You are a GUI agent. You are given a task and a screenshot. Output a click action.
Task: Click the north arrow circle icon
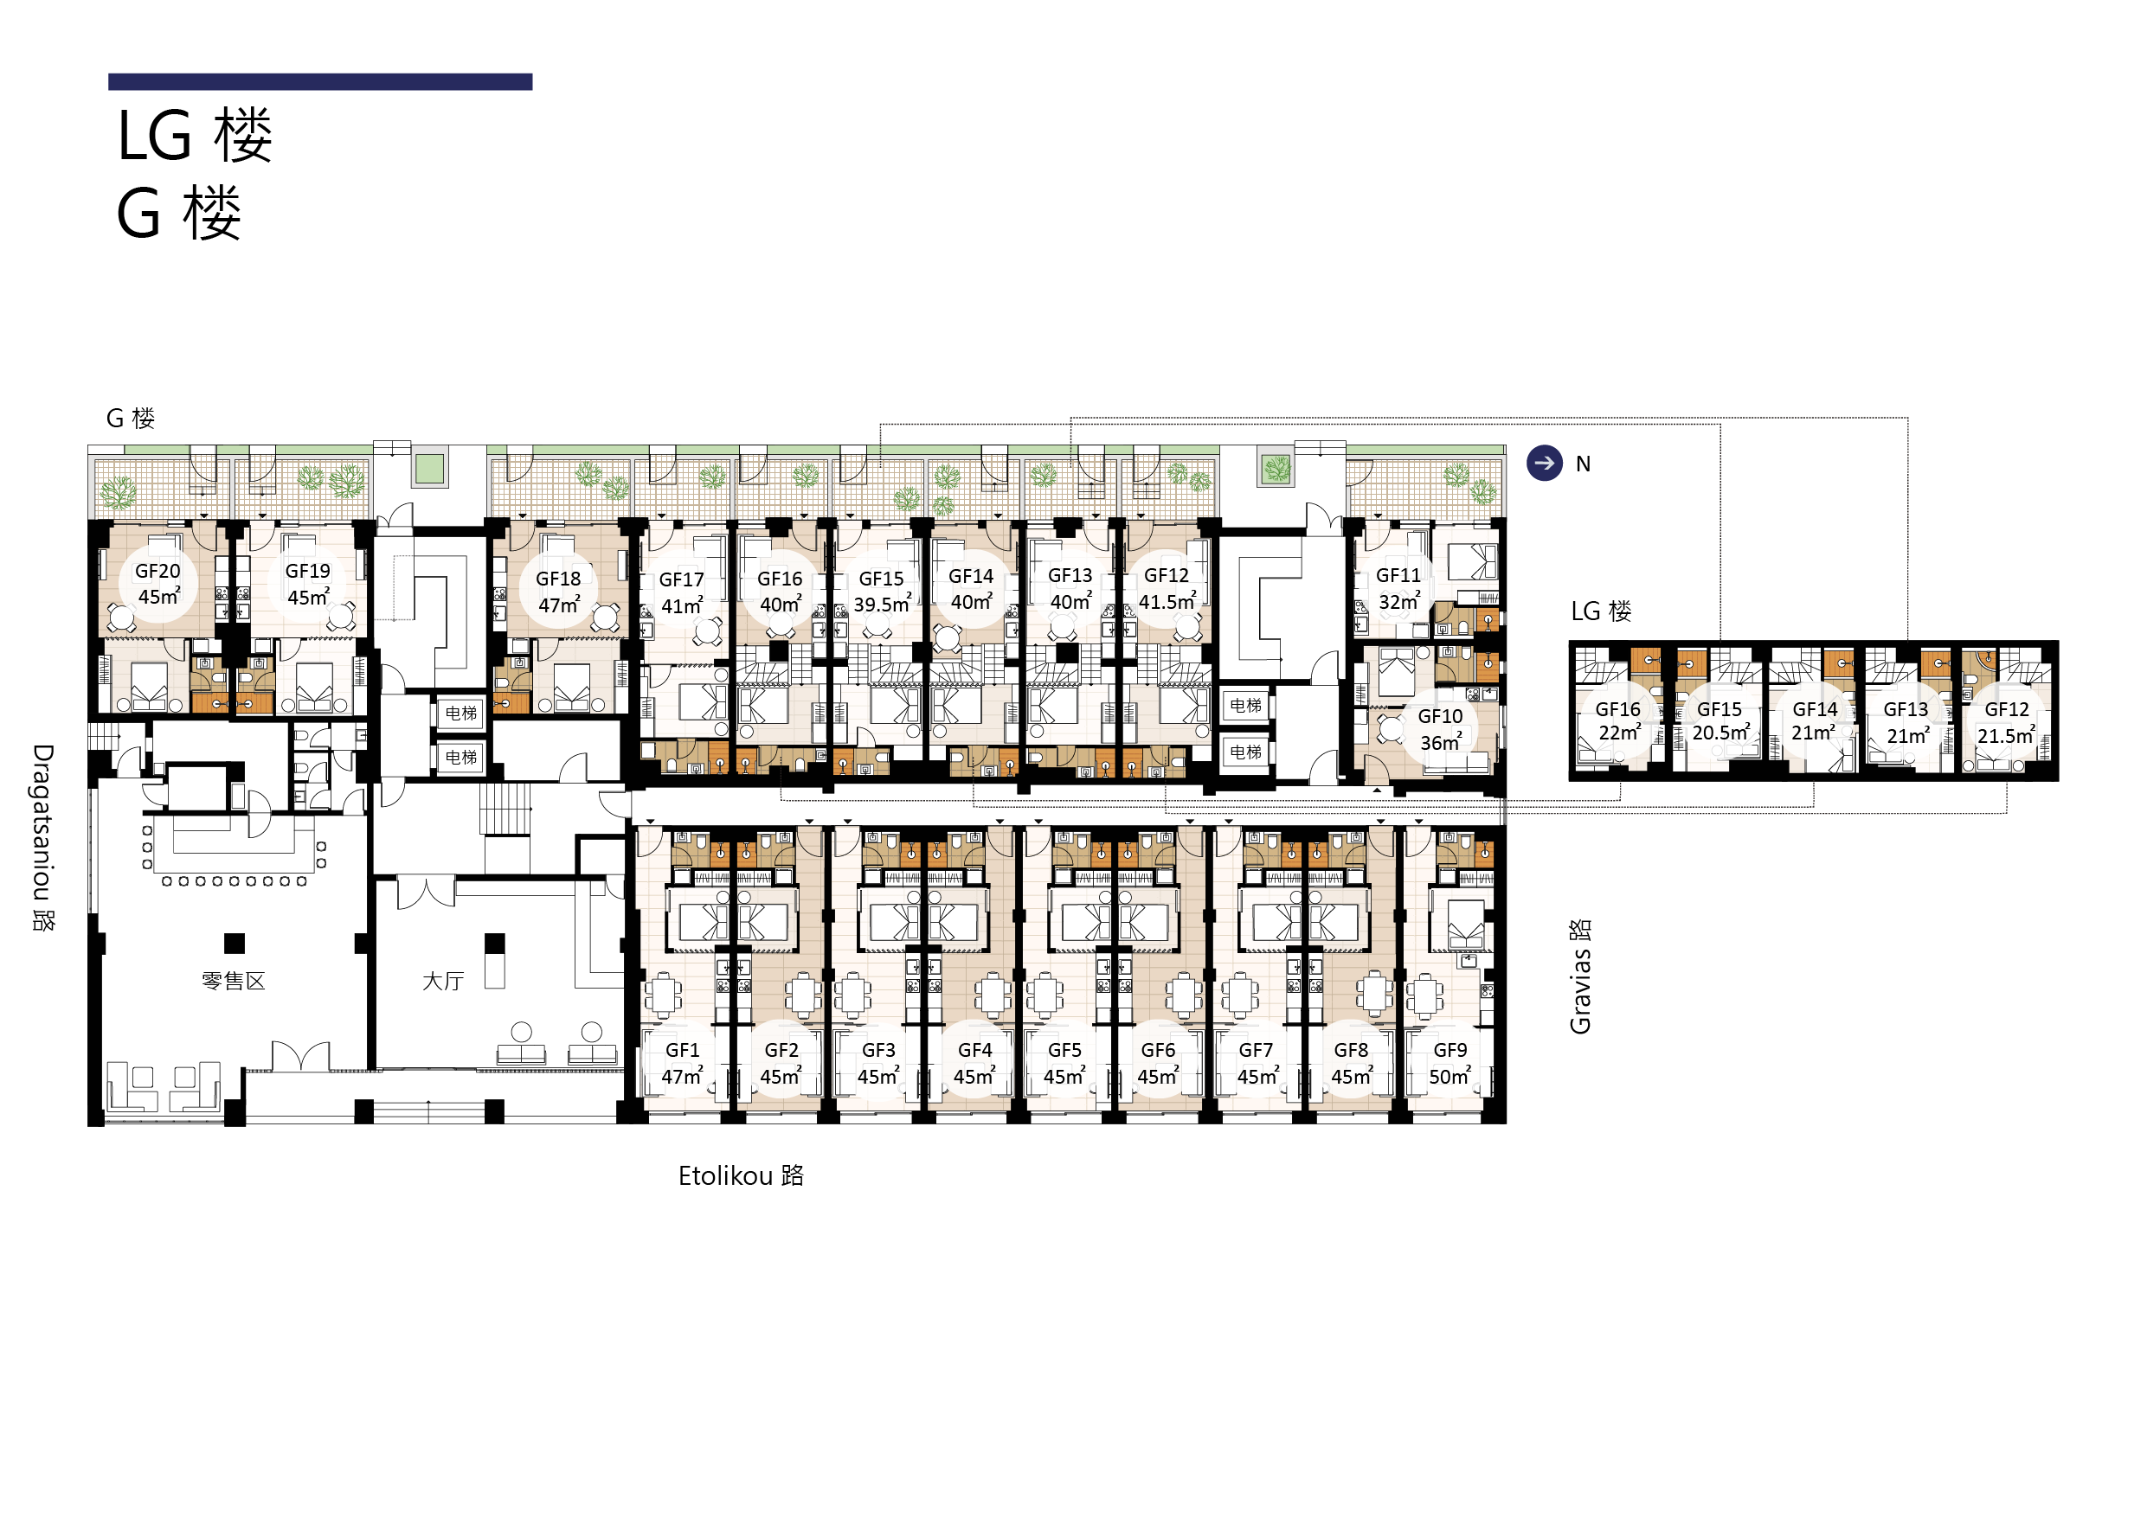pyautogui.click(x=1544, y=463)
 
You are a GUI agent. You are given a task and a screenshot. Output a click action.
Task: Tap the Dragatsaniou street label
pyautogui.click(x=43, y=837)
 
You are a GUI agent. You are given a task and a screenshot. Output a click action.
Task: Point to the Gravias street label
pyautogui.click(x=1579, y=976)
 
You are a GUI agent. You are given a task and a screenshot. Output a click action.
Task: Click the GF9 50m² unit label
pyautogui.click(x=1450, y=1064)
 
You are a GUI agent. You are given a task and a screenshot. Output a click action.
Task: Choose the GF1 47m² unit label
pyautogui.click(x=682, y=1064)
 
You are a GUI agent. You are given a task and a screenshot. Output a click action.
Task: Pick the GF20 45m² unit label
pyautogui.click(x=158, y=584)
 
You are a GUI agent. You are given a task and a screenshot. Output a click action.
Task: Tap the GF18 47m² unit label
pyautogui.click(x=558, y=592)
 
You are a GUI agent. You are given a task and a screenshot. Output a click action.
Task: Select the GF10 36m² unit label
pyautogui.click(x=1440, y=729)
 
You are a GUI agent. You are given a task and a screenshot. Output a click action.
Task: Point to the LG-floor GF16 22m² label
pyautogui.click(x=1618, y=721)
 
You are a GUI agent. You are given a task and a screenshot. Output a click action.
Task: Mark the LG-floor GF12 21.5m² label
pyautogui.click(x=2007, y=722)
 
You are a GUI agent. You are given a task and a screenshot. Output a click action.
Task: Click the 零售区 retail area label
pyautogui.click(x=234, y=981)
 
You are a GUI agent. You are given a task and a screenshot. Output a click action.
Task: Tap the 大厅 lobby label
pyautogui.click(x=443, y=981)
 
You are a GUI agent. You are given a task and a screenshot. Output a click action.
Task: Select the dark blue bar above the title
pyautogui.click(x=320, y=81)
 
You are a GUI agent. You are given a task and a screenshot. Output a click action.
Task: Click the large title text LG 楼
pyautogui.click(x=195, y=136)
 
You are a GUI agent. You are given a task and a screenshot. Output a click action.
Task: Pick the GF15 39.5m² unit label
pyautogui.click(x=882, y=592)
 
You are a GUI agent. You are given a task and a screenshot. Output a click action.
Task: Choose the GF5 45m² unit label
pyautogui.click(x=1064, y=1064)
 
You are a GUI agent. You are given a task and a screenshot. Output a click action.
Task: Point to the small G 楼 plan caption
pyautogui.click(x=131, y=418)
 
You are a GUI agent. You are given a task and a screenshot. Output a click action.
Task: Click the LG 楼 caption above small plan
pyautogui.click(x=1601, y=611)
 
